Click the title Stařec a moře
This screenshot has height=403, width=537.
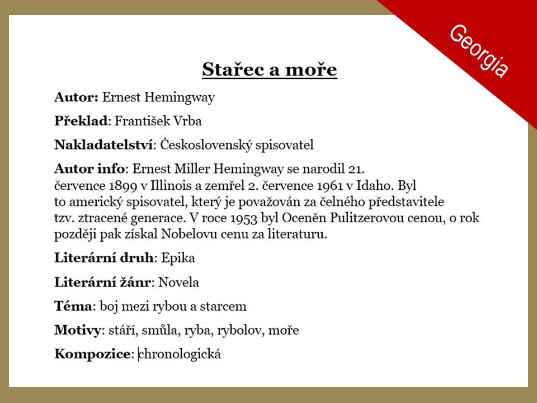point(270,69)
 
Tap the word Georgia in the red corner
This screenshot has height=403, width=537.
point(479,51)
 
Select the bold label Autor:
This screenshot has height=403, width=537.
point(77,97)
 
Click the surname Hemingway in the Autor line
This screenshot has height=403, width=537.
point(180,98)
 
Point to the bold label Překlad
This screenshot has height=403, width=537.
point(81,121)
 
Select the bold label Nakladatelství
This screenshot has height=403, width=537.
point(103,145)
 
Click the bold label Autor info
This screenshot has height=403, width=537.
point(89,169)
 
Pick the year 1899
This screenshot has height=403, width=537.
point(123,186)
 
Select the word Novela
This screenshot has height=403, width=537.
point(178,282)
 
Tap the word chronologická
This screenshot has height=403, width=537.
point(180,354)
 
